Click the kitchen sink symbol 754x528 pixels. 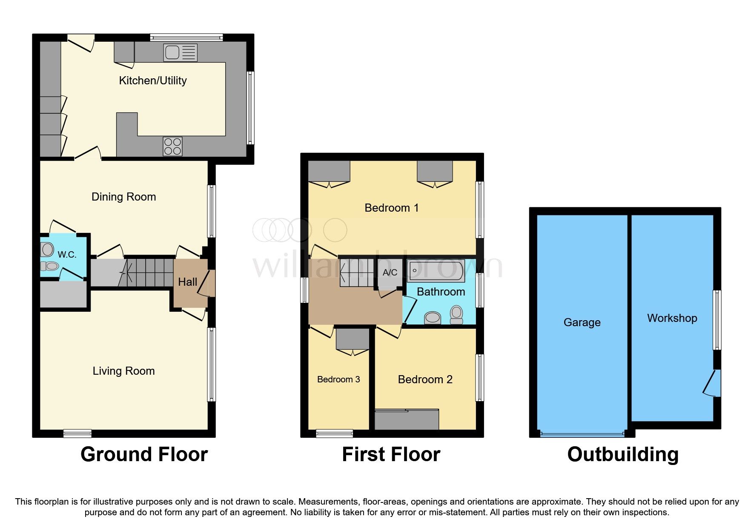click(x=180, y=53)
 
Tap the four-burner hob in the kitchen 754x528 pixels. click(x=173, y=146)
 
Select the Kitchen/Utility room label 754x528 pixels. click(x=153, y=80)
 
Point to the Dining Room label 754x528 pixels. click(x=124, y=197)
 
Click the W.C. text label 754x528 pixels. click(x=67, y=255)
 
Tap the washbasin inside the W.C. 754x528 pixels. click(x=47, y=249)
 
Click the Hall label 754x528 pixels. click(x=187, y=282)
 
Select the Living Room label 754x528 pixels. click(x=124, y=371)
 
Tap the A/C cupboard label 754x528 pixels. click(x=390, y=273)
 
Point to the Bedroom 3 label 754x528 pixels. click(x=338, y=379)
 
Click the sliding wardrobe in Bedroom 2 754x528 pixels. click(x=407, y=419)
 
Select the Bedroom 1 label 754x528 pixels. click(x=392, y=208)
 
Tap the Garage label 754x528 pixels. click(x=582, y=322)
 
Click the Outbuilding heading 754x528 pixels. click(x=623, y=454)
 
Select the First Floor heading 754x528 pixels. click(x=391, y=454)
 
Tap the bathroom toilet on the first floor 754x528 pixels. click(x=456, y=315)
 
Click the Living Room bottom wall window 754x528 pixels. click(x=77, y=433)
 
